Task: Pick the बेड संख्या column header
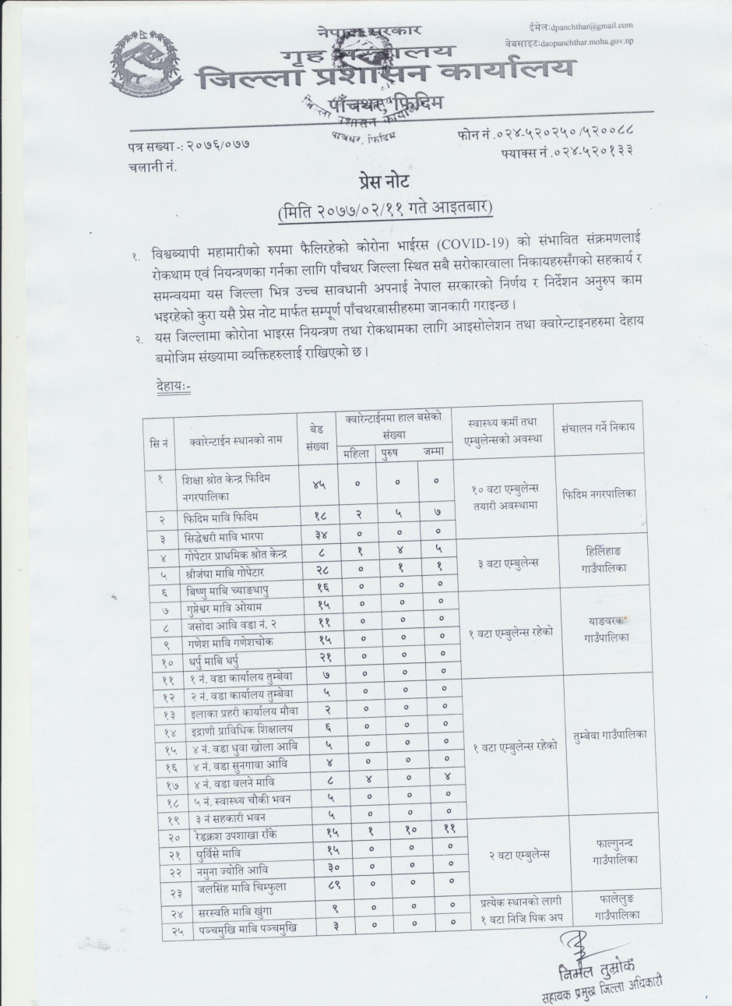(x=317, y=437)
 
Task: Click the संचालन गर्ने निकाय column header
(x=598, y=427)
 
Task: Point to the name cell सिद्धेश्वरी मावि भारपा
(x=229, y=536)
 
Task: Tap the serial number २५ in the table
(x=160, y=927)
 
